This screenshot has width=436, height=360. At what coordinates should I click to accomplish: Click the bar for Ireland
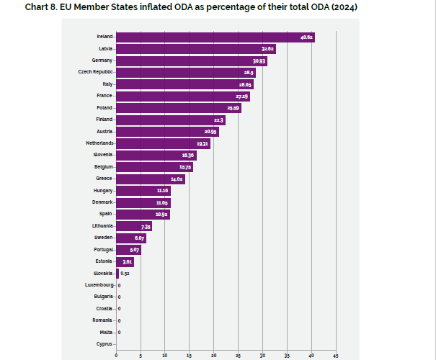point(215,37)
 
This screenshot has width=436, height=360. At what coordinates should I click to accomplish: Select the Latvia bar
point(195,49)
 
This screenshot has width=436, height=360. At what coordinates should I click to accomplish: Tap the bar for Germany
point(191,61)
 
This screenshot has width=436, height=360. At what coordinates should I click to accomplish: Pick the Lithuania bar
point(133,226)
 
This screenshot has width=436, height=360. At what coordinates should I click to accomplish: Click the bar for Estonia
point(125,261)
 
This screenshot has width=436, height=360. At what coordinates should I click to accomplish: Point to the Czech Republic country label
point(95,73)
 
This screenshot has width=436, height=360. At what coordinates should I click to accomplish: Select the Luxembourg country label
point(98,285)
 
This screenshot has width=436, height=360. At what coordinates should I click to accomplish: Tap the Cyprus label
point(104,344)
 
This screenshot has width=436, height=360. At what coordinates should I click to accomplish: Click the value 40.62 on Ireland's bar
point(306,37)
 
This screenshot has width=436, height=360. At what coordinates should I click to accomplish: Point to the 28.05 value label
point(245,84)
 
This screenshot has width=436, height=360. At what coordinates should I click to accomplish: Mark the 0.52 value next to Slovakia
point(125,274)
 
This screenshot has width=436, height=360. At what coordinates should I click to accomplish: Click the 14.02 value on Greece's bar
point(177,179)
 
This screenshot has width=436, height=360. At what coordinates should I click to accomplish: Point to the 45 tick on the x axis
point(335,355)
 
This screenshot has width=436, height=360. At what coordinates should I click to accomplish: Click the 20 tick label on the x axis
point(213,355)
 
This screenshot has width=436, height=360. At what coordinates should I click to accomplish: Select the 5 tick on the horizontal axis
point(141,355)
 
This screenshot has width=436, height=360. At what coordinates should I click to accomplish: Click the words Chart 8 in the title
point(41,6)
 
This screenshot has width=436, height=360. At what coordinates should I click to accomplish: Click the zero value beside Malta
point(119,332)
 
